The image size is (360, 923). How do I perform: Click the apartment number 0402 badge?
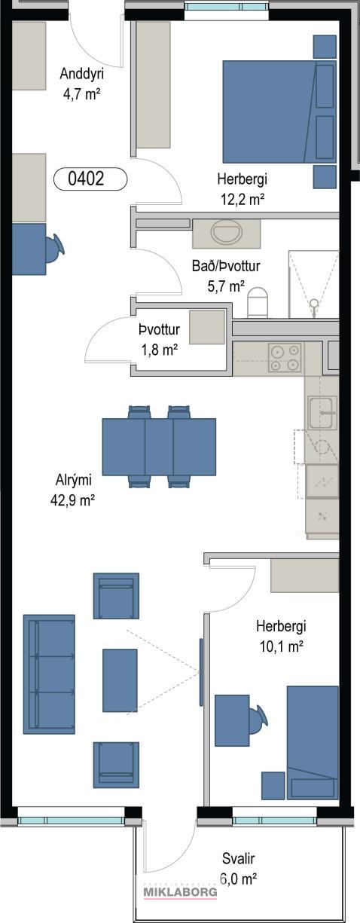(90, 179)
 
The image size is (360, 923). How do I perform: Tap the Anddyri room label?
(81, 74)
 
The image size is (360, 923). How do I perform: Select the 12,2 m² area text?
(243, 200)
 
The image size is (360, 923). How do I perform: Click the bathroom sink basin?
(227, 232)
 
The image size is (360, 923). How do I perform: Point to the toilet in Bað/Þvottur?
(258, 302)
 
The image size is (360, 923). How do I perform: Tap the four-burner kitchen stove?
(284, 358)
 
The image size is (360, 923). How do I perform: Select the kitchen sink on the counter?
(323, 412)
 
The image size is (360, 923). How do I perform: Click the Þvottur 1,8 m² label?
(160, 340)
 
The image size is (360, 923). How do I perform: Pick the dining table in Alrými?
(159, 447)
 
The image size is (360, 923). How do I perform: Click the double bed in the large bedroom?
(279, 112)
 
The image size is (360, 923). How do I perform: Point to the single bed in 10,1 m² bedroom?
(313, 742)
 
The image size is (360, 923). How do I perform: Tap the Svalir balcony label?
(238, 859)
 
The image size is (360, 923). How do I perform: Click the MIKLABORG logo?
(180, 892)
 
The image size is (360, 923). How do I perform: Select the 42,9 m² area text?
(73, 500)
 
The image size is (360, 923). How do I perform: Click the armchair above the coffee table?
(116, 596)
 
